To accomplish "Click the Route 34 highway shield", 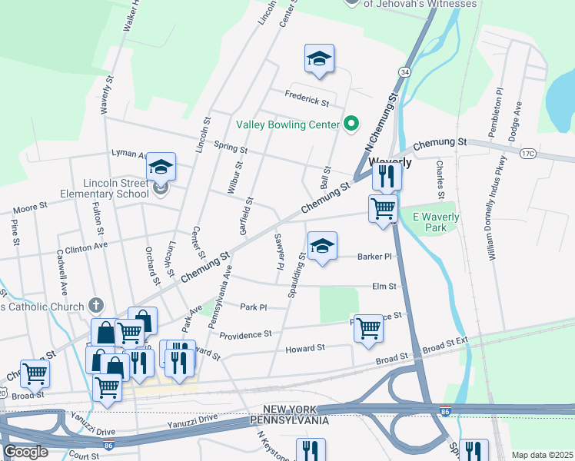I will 404,71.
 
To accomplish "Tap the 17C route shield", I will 527,154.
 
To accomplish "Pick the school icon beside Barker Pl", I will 322,247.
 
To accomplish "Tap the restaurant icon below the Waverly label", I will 387,177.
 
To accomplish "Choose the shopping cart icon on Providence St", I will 368,328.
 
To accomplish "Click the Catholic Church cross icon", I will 95,306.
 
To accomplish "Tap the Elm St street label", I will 384,287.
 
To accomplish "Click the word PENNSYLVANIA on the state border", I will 290,421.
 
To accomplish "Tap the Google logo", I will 25,452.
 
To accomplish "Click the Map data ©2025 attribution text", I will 542,455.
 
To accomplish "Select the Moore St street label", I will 31,207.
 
